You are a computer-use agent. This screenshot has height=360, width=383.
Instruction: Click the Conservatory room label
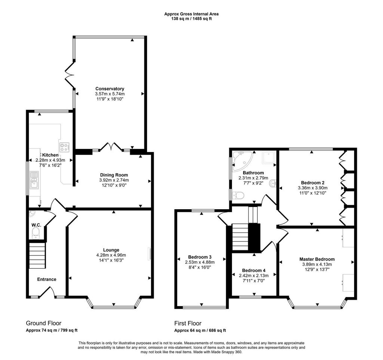pyautogui.click(x=110, y=89)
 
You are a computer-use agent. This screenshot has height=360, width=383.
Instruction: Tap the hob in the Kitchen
pyautogui.click(x=64, y=147)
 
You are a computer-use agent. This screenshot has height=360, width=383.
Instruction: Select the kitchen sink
pyautogui.click(x=34, y=180)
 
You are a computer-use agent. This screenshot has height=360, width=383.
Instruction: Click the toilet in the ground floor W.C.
pyautogui.click(x=36, y=233)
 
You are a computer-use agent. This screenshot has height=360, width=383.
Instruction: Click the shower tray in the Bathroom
pyautogui.click(x=269, y=158)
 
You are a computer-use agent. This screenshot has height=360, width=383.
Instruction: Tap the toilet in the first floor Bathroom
pyautogui.click(x=239, y=195)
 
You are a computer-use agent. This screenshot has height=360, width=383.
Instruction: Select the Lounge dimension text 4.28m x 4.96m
pyautogui.click(x=111, y=255)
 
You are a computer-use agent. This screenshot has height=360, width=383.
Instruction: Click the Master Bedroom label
pyautogui.click(x=317, y=259)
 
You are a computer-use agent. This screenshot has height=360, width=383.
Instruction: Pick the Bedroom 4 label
pyautogui.click(x=254, y=270)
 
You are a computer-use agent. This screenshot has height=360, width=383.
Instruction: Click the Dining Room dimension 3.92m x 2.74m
pyautogui.click(x=114, y=180)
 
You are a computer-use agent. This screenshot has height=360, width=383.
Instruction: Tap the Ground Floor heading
pyautogui.click(x=43, y=323)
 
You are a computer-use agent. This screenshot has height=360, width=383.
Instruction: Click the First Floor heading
pyautogui.click(x=188, y=323)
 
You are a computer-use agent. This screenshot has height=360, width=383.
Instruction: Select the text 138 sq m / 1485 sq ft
pyautogui.click(x=191, y=19)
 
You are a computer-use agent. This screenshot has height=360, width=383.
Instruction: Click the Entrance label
pyautogui.click(x=47, y=279)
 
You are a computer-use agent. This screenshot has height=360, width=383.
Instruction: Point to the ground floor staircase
pyautogui.click(x=37, y=255)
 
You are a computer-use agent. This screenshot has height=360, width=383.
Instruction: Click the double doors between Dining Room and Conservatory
pyautogui.click(x=111, y=147)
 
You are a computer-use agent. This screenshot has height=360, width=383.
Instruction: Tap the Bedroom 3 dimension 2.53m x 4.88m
pyautogui.click(x=200, y=262)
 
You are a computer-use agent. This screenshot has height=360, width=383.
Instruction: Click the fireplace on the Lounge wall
pyautogui.click(x=150, y=254)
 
